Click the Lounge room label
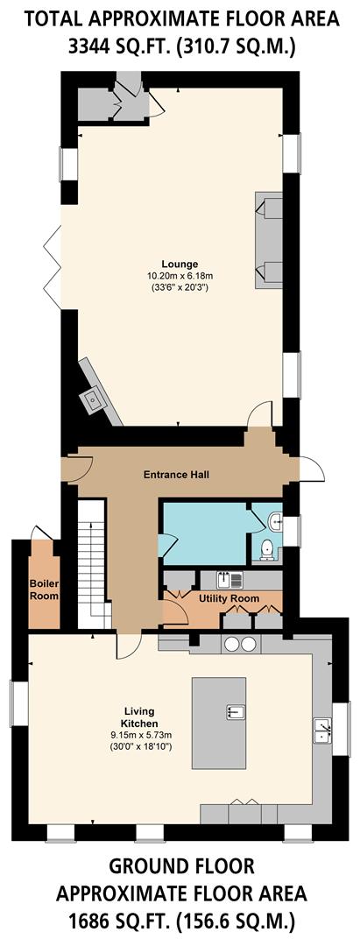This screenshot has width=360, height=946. (x=180, y=264)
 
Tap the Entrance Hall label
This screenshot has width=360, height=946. (x=176, y=475)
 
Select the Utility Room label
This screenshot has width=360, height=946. (x=229, y=598)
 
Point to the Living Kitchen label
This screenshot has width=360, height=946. (x=140, y=717)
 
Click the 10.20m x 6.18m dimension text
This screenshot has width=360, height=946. (x=180, y=275)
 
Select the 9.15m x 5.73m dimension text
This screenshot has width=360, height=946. (x=140, y=734)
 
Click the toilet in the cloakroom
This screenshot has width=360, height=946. (x=267, y=550)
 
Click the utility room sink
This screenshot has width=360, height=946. (x=234, y=579)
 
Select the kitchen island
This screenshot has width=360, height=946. (x=219, y=710)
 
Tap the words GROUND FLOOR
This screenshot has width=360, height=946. (x=181, y=867)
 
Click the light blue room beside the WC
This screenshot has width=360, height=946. (x=203, y=533)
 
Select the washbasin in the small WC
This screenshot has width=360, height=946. (x=276, y=522)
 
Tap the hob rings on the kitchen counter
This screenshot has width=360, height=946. (x=241, y=645)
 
